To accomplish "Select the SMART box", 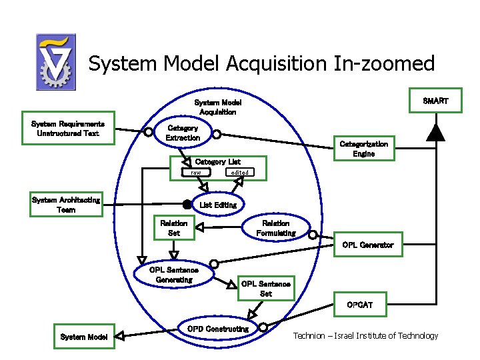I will click(435, 101).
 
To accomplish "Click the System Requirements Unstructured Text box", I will click(68, 128).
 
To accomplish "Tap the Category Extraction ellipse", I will click(183, 133).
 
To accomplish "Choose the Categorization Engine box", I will click(363, 149).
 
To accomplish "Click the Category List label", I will click(217, 162).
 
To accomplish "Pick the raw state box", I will click(195, 173).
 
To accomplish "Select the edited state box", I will click(239, 173).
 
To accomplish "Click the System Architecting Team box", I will click(66, 205).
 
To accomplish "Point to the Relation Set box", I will click(174, 228).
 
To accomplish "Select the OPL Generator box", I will click(367, 245).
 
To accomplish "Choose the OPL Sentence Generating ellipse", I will click(174, 275).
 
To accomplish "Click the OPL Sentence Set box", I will click(265, 289).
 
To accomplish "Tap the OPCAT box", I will click(359, 305).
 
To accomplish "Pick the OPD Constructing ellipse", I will click(217, 329).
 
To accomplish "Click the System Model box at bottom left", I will click(83, 337).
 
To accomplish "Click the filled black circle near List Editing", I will click(187, 205).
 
